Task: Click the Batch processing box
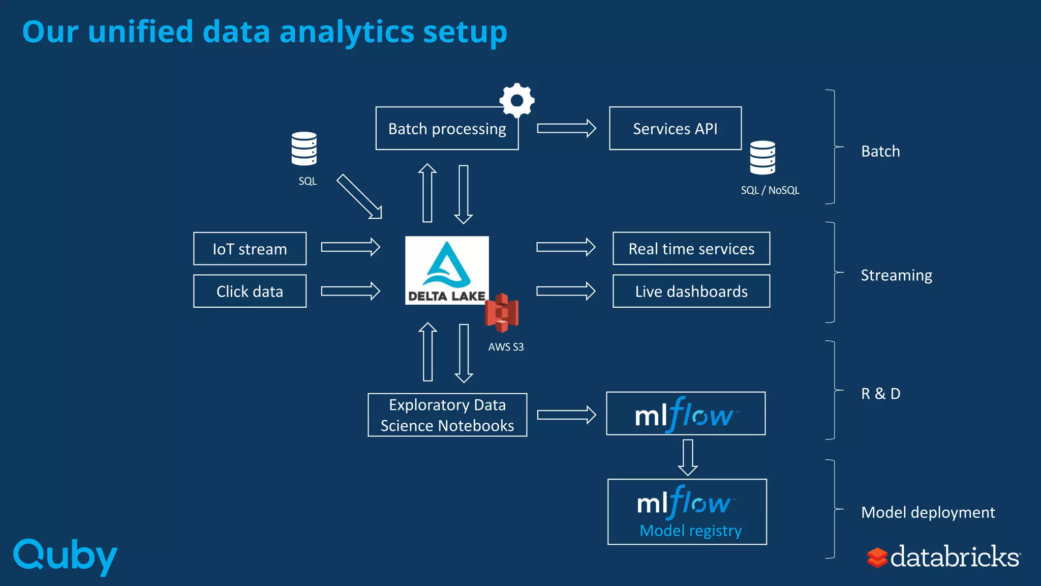[447, 129]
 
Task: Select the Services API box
[675, 129]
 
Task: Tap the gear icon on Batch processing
[517, 100]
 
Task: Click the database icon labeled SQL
[304, 149]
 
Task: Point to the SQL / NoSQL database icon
[762, 158]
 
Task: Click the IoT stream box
[250, 249]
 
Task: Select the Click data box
[250, 291]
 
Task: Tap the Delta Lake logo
[446, 270]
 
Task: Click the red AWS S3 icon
[502, 312]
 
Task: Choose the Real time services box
[691, 249]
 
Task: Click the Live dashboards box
[691, 291]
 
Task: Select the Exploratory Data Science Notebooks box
[447, 415]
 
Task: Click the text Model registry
[690, 531]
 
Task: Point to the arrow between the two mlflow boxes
[688, 457]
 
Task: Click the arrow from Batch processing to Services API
[566, 128]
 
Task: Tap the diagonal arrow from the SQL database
[359, 197]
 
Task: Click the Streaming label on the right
[896, 275]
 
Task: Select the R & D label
[880, 394]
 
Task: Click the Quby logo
[65, 556]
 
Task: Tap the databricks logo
[943, 557]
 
